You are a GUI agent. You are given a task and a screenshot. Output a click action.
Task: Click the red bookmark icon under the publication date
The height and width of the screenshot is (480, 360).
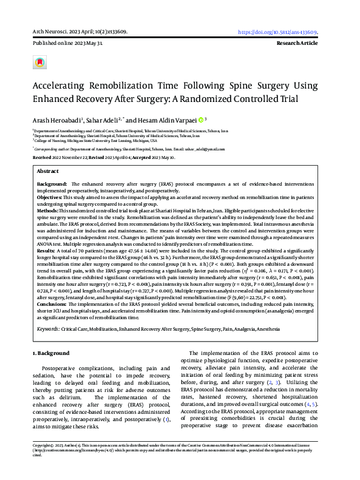click(x=39, y=62)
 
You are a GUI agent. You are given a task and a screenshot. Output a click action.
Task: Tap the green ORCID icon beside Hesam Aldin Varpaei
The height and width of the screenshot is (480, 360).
click(x=200, y=120)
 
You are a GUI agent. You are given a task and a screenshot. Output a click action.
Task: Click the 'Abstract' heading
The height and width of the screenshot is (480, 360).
click(x=48, y=172)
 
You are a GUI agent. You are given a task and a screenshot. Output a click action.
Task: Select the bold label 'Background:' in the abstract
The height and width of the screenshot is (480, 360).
click(x=52, y=183)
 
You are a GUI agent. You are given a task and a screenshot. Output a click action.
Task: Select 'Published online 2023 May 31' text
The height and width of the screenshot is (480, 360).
click(x=67, y=44)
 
